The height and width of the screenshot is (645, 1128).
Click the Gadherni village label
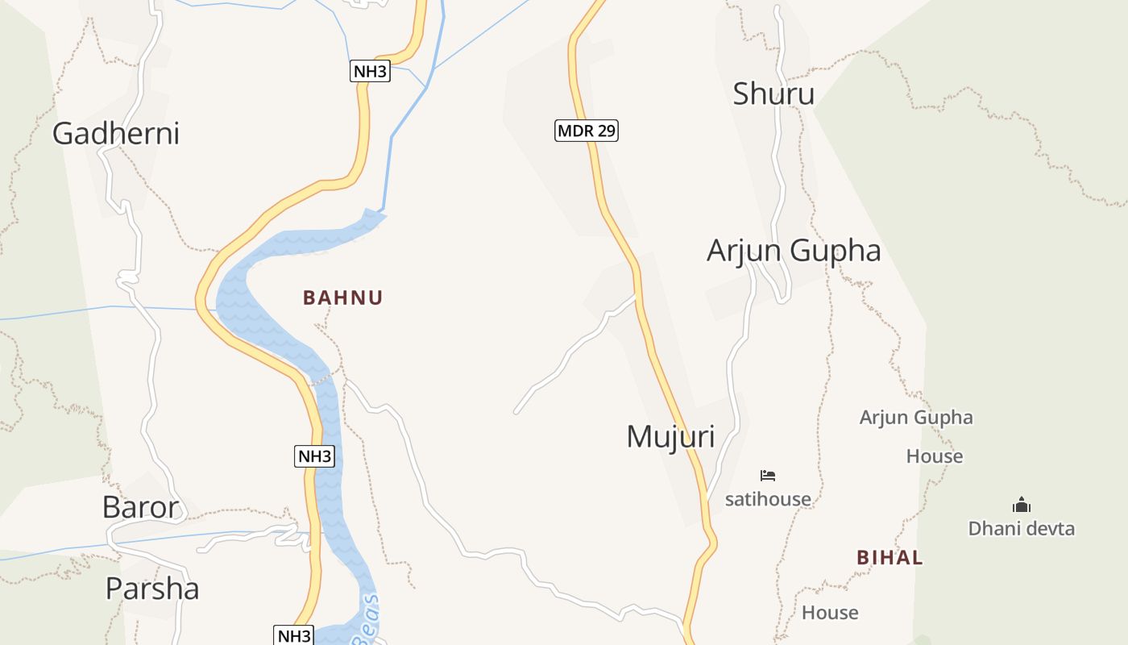tap(116, 133)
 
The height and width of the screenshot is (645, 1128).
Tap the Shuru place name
tap(773, 94)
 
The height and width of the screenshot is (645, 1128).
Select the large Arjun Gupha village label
tap(794, 251)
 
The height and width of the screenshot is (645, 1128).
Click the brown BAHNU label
tap(342, 298)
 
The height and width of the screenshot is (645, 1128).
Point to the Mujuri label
tap(670, 436)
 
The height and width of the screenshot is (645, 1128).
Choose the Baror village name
tap(140, 507)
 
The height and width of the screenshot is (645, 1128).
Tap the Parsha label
tap(152, 589)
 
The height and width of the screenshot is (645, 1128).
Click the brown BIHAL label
tap(890, 557)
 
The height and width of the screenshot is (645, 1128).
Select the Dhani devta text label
tap(1021, 529)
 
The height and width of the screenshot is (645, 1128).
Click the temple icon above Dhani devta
tap(1022, 506)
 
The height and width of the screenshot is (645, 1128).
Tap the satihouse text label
tap(768, 499)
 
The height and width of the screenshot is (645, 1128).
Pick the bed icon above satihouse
tap(768, 476)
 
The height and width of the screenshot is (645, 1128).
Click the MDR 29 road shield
tap(587, 130)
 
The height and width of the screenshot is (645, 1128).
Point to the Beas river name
tap(367, 619)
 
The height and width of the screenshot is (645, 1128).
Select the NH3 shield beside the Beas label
tap(294, 635)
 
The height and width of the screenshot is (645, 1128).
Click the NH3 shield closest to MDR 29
tap(371, 71)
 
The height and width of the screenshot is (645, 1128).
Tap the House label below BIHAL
tap(830, 613)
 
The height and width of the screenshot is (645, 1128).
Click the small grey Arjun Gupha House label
tap(917, 436)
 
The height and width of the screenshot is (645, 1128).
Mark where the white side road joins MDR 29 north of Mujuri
tap(636, 296)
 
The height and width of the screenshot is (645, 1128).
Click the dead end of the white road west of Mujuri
tap(516, 412)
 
